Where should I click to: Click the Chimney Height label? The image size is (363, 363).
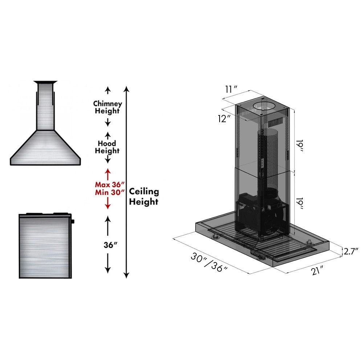(107, 107)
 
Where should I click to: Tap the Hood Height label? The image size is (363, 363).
(107, 147)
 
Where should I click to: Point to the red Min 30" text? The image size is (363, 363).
(107, 192)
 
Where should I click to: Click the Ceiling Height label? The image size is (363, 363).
(144, 196)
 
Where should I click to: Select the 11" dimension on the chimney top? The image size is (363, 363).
(231, 88)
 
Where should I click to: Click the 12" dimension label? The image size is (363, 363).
(225, 118)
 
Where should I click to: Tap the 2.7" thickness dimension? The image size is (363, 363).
(351, 250)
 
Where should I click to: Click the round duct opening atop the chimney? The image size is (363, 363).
(264, 107)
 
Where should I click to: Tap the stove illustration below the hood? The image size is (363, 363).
(45, 246)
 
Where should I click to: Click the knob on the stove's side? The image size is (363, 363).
(73, 221)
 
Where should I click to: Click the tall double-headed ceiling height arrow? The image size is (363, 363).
(126, 181)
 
